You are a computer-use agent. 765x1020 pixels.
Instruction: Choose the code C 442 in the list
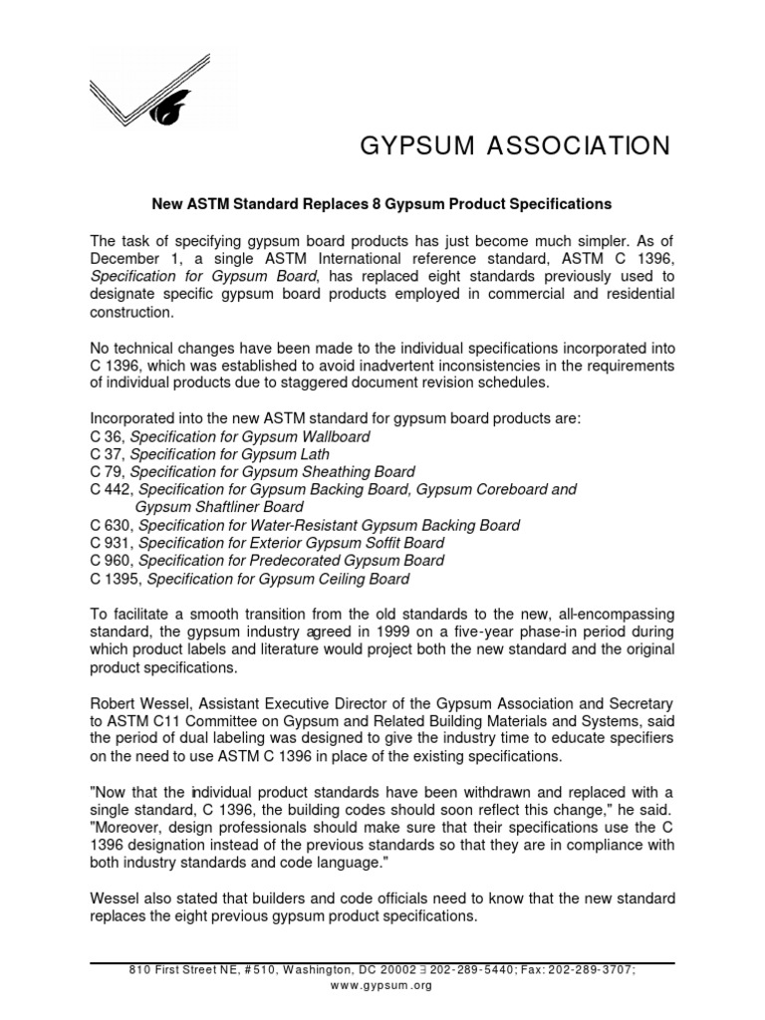(x=111, y=489)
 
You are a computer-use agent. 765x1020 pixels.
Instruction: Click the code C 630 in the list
(x=111, y=525)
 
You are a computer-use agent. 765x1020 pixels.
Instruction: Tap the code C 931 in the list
(x=111, y=543)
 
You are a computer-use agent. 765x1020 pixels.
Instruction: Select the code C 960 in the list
(x=111, y=560)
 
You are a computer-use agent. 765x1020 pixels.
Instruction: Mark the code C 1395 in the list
(x=115, y=578)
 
